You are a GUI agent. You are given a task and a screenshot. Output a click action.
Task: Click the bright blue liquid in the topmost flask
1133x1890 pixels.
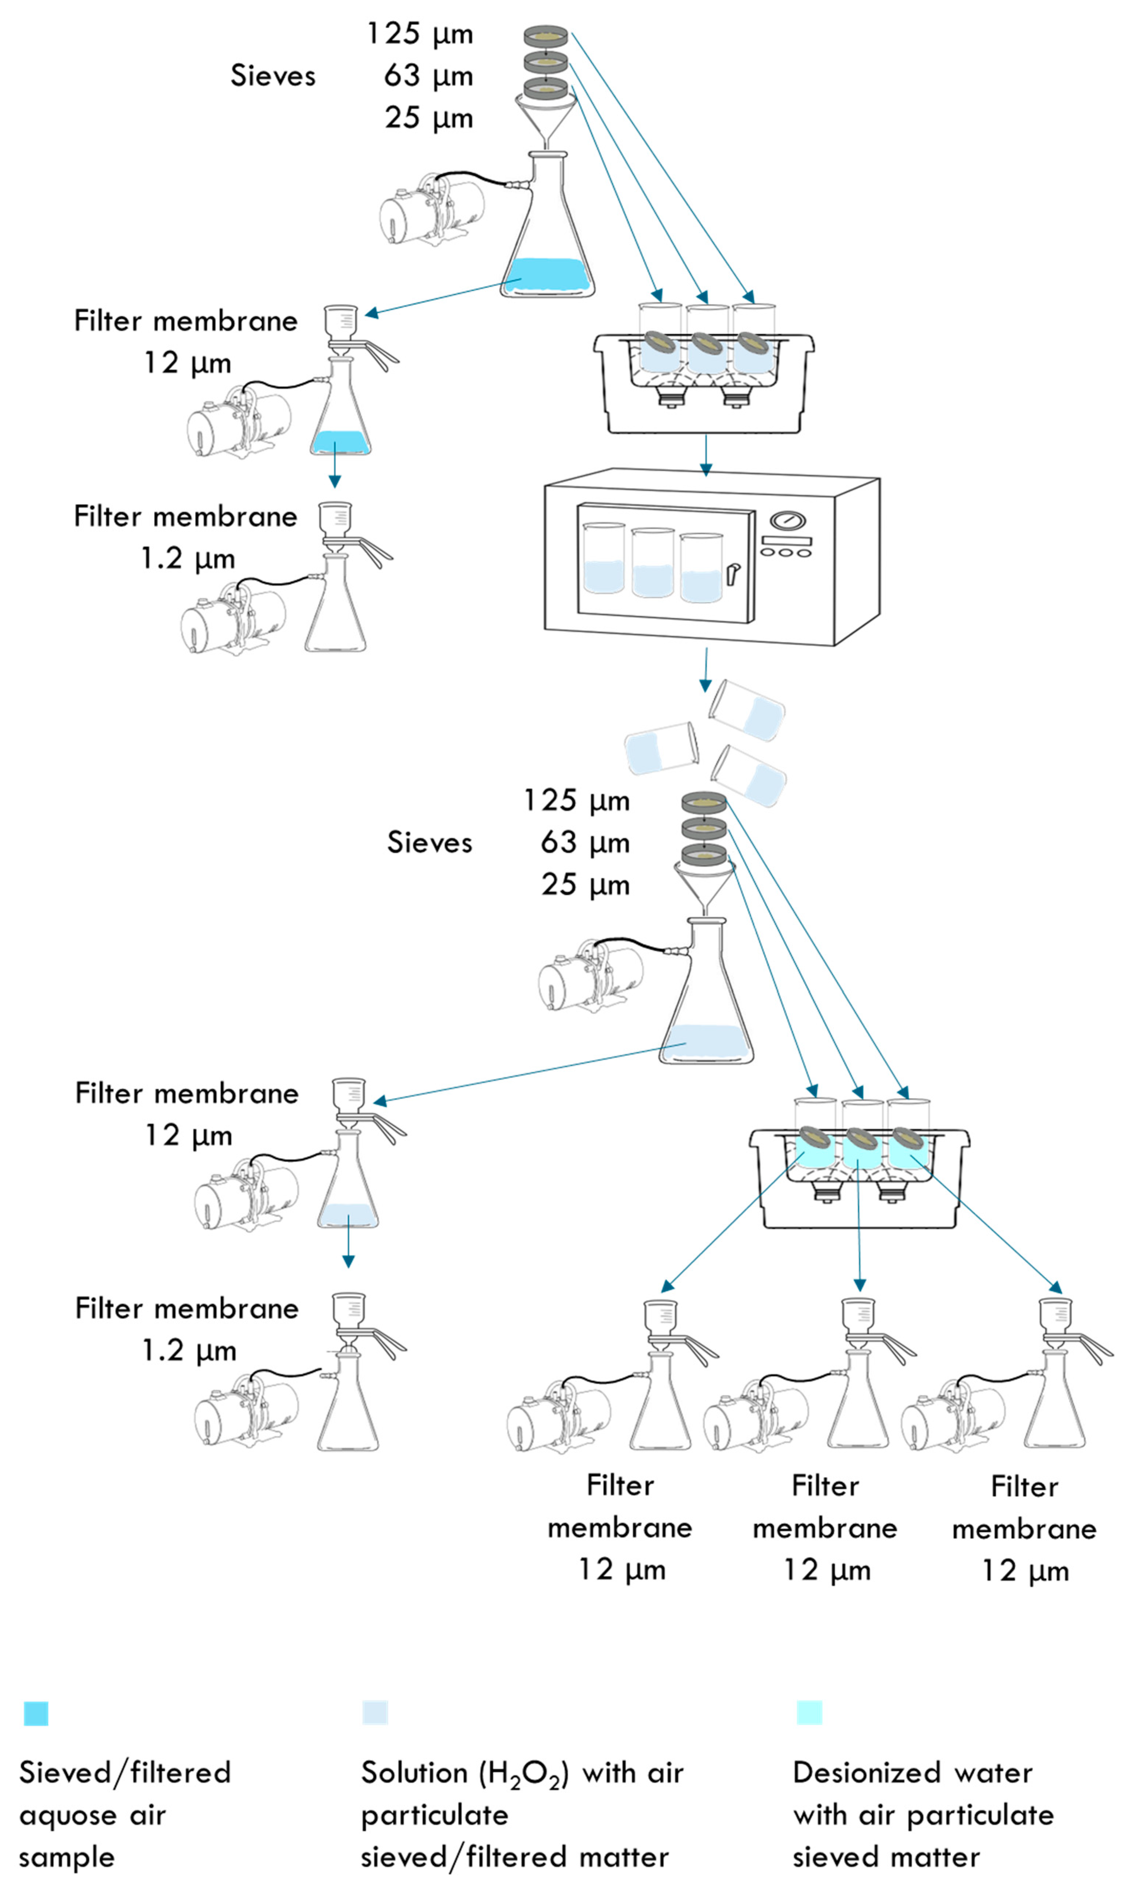click(547, 275)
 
